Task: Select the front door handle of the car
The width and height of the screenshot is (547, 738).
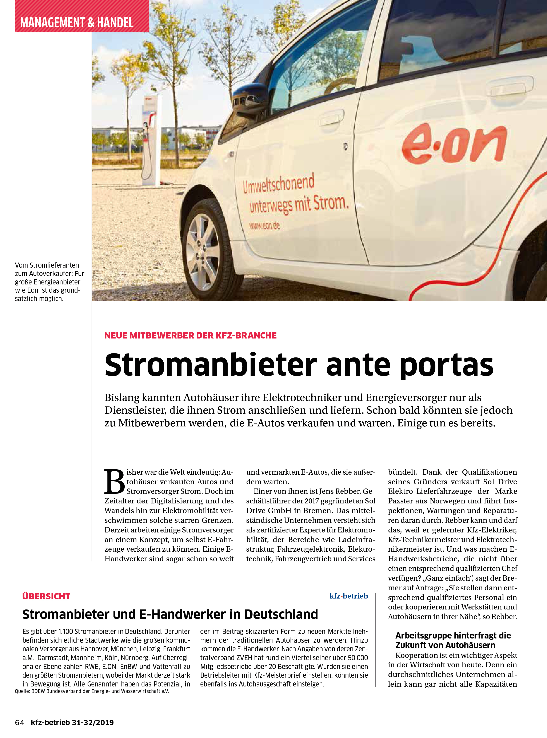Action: [331, 117]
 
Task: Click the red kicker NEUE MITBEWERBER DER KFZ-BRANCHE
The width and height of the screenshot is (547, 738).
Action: [190, 335]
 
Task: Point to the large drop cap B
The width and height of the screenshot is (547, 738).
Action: [114, 482]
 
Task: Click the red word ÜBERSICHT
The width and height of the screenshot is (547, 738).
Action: [46, 596]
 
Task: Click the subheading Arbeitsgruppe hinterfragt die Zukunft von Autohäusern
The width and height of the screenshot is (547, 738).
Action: [453, 640]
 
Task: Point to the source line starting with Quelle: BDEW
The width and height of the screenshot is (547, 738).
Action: [92, 691]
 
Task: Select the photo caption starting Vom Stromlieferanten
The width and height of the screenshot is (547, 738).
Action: [49, 282]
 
